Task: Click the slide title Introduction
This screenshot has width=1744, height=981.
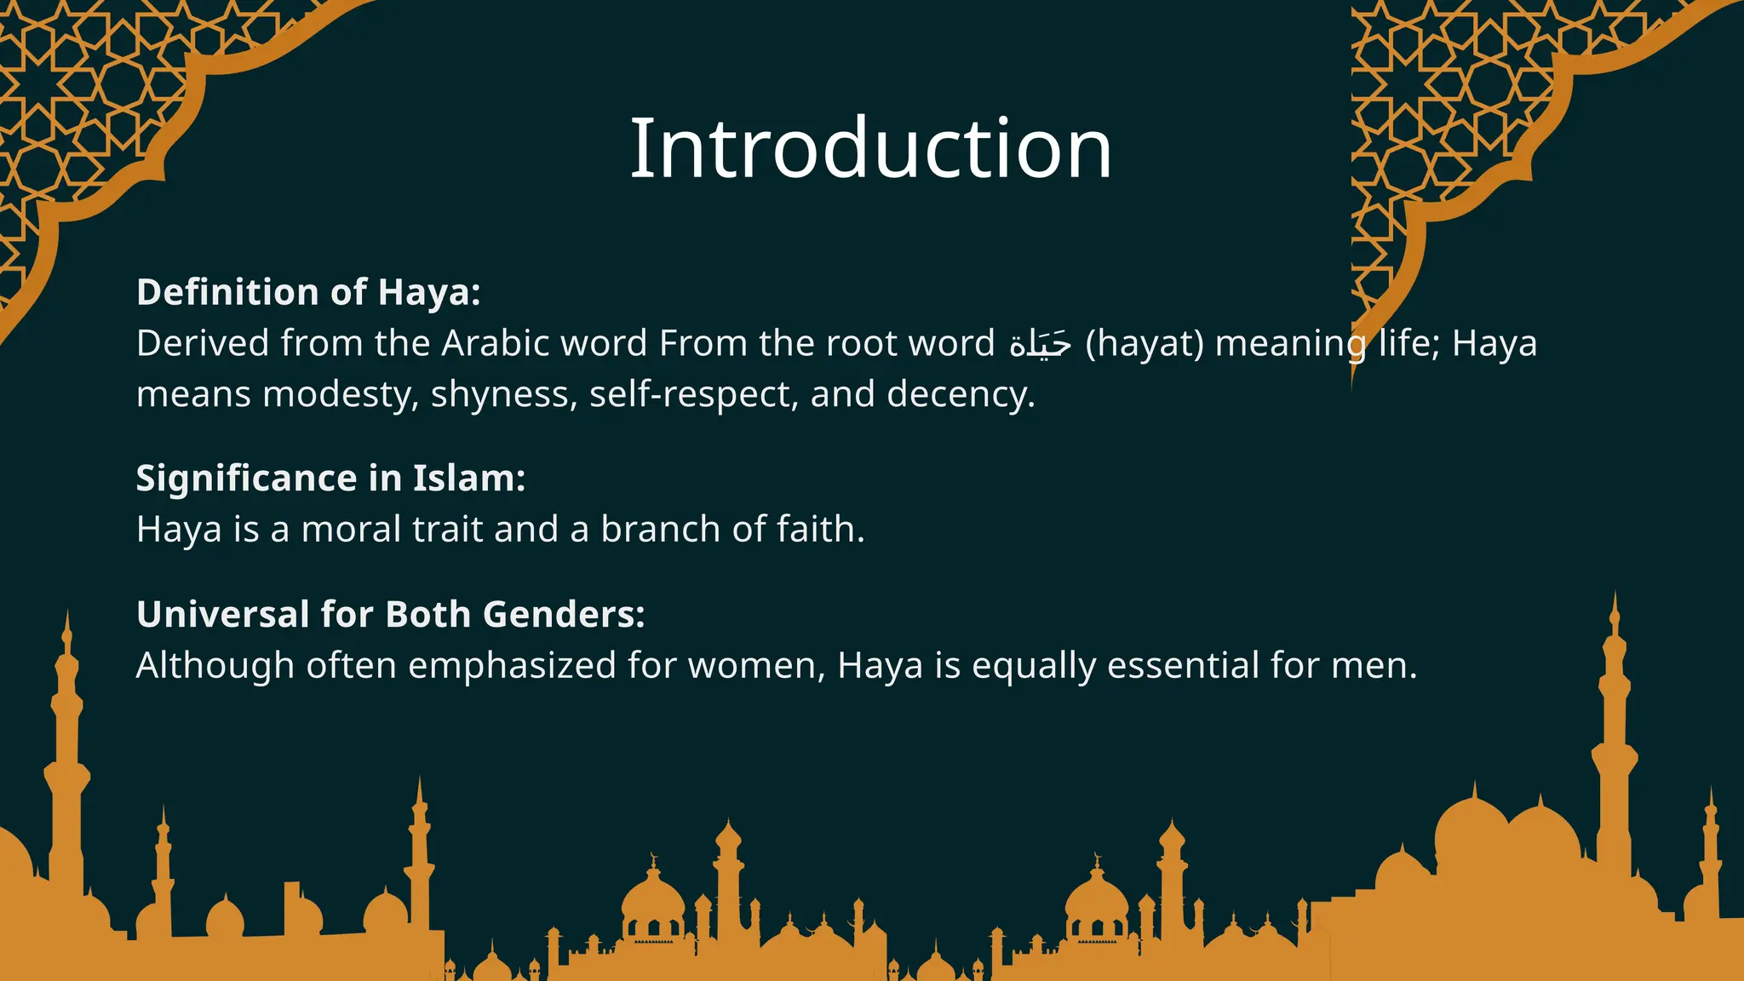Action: tap(870, 149)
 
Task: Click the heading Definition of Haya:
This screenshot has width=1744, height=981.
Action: tap(308, 292)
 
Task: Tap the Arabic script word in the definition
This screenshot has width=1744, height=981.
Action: tap(1040, 344)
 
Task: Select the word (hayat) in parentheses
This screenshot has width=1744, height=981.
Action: tap(1144, 344)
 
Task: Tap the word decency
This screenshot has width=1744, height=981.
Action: tap(961, 395)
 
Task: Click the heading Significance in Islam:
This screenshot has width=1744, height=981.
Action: tap(330, 479)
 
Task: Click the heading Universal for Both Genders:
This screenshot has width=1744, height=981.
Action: tap(391, 615)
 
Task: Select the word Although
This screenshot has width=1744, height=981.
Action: tap(215, 666)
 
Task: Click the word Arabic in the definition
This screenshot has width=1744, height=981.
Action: tap(495, 344)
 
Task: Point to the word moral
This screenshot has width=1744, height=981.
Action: tap(352, 530)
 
